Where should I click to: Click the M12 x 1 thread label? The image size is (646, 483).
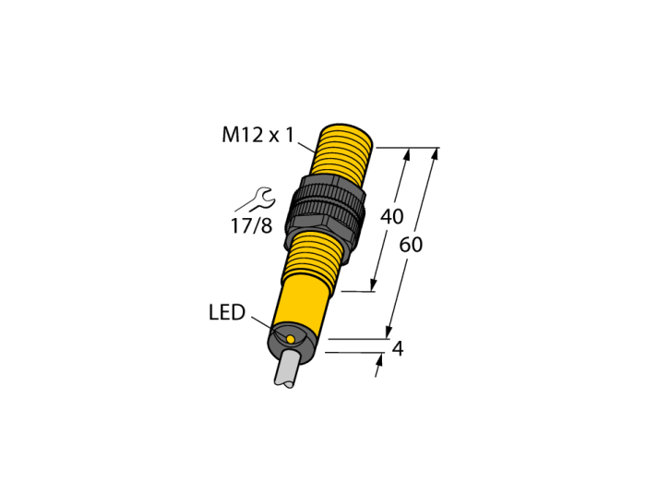(258, 135)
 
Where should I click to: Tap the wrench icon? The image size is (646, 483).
(255, 200)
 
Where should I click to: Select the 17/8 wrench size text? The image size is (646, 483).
(251, 226)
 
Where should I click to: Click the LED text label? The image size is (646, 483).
(227, 312)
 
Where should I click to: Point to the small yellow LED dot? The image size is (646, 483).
(291, 339)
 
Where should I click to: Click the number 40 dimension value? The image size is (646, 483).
(391, 217)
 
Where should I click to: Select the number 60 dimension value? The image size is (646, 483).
(411, 245)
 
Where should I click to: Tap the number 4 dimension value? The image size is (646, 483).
(398, 349)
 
